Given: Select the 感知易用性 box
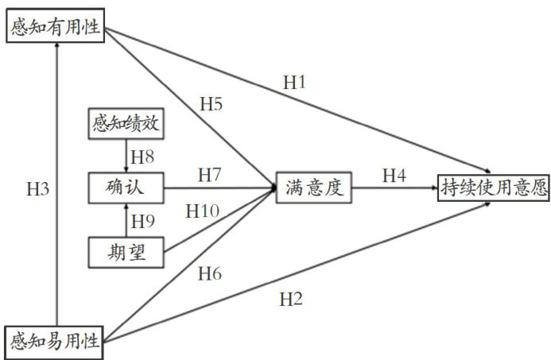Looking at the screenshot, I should click(x=55, y=341).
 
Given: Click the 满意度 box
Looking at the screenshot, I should click(x=314, y=188).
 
